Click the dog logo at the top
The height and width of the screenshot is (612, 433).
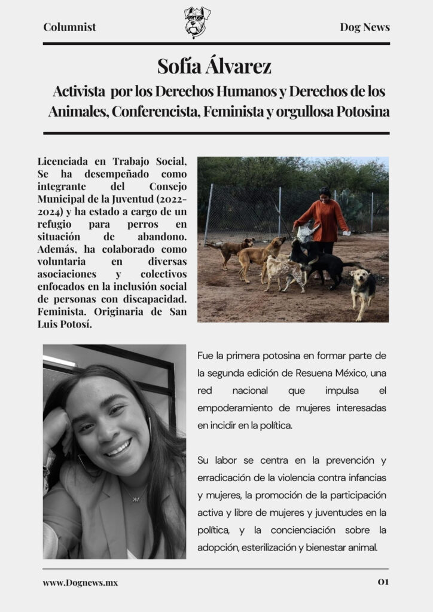[197, 22]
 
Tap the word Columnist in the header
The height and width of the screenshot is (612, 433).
[69, 27]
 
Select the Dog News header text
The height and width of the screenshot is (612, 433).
[365, 27]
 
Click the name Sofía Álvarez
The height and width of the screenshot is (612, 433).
[214, 66]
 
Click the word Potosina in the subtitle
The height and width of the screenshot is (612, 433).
[363, 112]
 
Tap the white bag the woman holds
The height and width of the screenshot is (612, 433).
[305, 232]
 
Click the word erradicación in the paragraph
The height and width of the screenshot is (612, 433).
[224, 478]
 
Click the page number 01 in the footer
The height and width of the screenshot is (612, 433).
[383, 582]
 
